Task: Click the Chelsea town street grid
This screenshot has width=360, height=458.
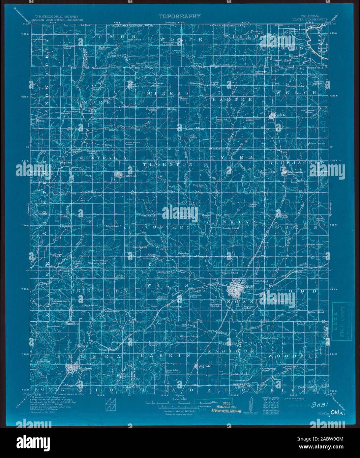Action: click(72, 368)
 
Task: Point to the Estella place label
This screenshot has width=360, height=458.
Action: click(152, 255)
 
